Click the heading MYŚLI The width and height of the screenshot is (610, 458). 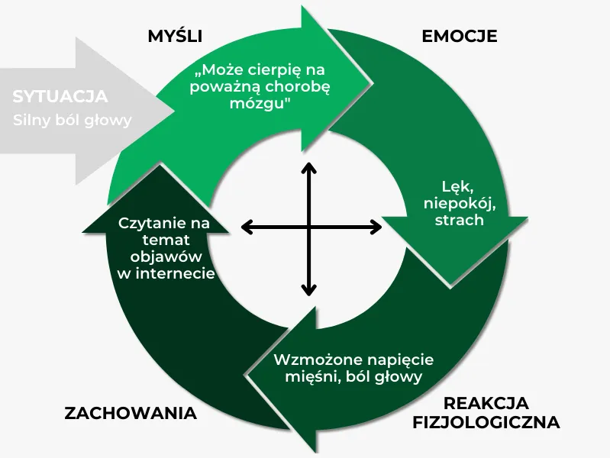180,37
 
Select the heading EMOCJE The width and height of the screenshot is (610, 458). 460,37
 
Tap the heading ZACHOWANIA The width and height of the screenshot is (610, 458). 131,414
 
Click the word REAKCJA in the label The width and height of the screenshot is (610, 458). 486,402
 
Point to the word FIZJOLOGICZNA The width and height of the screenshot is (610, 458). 486,422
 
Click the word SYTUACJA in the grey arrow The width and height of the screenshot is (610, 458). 60,97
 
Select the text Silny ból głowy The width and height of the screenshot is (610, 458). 73,120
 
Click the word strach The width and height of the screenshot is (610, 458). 459,220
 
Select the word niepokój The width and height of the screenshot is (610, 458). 459,203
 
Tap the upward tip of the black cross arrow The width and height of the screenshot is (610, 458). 308,163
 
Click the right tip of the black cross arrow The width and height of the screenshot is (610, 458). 379,227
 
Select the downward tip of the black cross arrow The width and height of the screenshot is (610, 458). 308,293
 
